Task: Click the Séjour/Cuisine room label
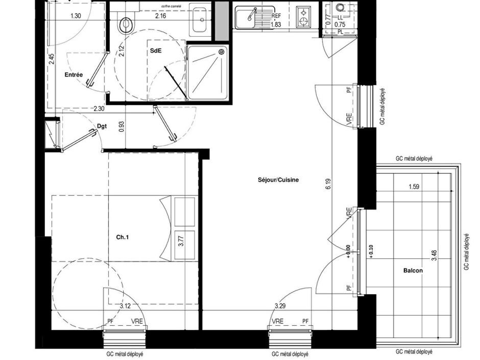tap(278, 180)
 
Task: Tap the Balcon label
tap(413, 271)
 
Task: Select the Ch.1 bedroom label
tap(123, 237)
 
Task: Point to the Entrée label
tap(74, 75)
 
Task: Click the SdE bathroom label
tap(154, 52)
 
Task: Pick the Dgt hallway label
tap(102, 126)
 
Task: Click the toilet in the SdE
tap(125, 22)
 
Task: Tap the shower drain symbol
tap(222, 52)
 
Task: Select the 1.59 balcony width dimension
tap(414, 187)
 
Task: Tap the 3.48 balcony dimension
tap(434, 256)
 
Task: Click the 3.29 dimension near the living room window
tap(280, 306)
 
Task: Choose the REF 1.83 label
tap(276, 20)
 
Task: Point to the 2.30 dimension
tap(99, 108)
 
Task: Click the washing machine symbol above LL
tap(341, 9)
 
